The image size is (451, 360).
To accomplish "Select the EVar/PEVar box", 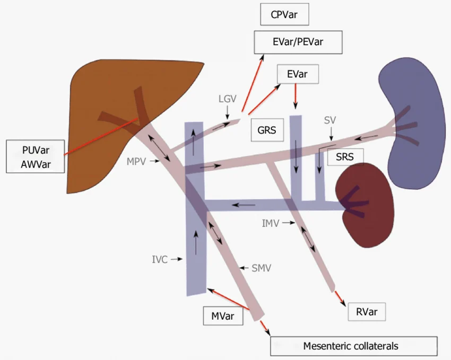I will [298, 41].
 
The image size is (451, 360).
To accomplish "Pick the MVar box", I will [223, 315].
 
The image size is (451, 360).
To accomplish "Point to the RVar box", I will [367, 312].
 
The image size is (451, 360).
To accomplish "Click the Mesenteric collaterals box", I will [353, 346].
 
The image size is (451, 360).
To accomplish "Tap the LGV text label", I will [227, 99].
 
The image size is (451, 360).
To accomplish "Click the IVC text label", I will [159, 259].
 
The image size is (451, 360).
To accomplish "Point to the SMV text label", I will [262, 268].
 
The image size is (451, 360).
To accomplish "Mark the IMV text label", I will [271, 223].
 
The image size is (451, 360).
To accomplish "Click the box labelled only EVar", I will [297, 74].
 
